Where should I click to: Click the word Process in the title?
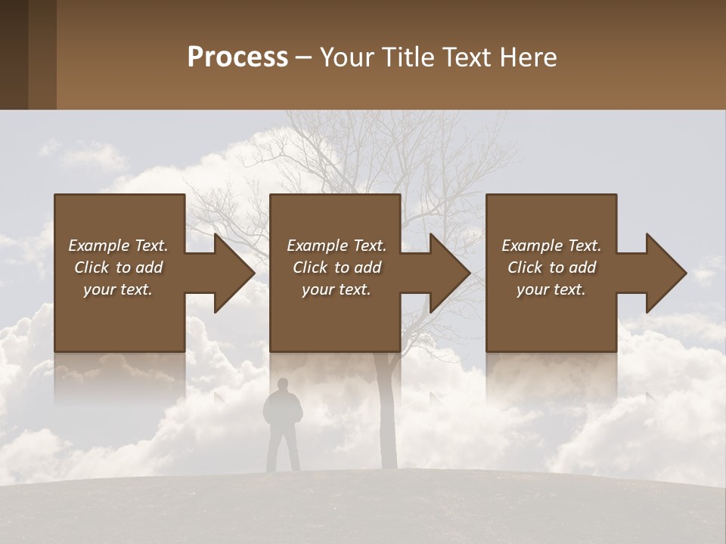[237, 57]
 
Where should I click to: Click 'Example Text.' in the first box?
[118, 246]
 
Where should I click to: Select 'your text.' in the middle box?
[336, 289]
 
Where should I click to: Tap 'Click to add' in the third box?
[552, 267]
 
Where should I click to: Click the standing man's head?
[282, 385]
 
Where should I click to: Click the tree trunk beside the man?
[387, 423]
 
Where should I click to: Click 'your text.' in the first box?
[118, 289]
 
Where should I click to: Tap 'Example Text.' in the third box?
[551, 246]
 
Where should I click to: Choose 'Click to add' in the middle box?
[337, 267]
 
